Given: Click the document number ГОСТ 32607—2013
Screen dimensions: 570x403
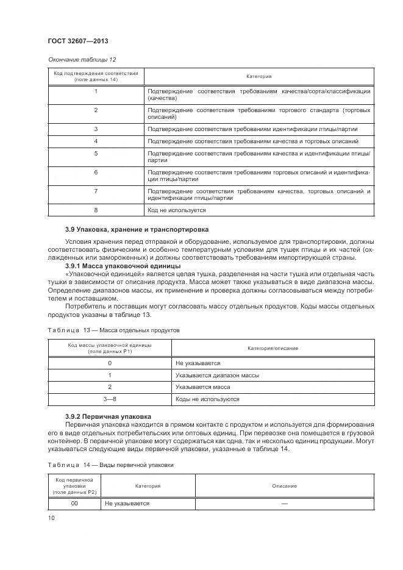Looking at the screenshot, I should (x=77, y=41).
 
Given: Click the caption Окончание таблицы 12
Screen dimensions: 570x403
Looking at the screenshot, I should (x=81, y=59).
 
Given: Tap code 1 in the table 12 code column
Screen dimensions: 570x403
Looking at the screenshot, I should (x=96, y=91).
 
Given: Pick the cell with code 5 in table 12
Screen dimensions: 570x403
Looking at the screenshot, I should (x=96, y=154).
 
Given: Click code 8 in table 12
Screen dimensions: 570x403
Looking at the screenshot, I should (x=96, y=210).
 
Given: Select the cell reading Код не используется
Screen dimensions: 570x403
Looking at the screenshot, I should (x=177, y=210).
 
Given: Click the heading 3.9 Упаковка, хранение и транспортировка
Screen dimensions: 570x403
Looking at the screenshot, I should (x=137, y=229).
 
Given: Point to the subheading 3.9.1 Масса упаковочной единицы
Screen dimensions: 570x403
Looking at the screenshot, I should (x=123, y=266).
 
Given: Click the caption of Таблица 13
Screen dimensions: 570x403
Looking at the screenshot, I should (x=113, y=329).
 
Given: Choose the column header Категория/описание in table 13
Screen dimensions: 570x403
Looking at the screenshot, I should (x=273, y=347).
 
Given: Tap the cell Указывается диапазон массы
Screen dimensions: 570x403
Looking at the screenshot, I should (x=217, y=375).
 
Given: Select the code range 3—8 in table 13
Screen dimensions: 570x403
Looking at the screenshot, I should (x=110, y=399).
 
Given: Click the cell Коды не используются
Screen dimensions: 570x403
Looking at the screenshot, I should (x=207, y=399).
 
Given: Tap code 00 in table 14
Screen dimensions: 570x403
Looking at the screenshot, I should (x=74, y=504).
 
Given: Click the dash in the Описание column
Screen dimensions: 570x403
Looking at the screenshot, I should (x=285, y=504).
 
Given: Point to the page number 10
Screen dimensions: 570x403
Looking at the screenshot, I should (x=51, y=518).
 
